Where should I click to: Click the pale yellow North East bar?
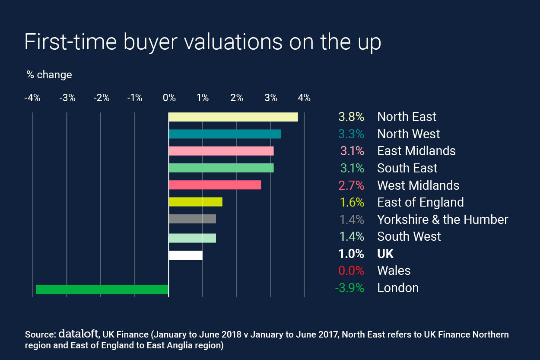233,117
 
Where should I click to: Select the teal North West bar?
225,134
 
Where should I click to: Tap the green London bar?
102,289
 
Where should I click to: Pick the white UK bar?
186,255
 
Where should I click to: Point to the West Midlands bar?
215,185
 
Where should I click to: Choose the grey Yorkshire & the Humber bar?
192,219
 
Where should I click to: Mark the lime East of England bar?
195,202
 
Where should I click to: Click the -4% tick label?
32,98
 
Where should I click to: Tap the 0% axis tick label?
169,98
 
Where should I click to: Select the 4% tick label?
304,98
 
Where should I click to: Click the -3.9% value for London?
349,288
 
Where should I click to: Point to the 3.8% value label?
352,117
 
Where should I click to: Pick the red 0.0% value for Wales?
351,271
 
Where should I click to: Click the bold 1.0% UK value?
352,254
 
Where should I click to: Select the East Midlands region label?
416,151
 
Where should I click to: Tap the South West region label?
409,236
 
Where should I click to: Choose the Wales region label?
394,271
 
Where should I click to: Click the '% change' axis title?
49,75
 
